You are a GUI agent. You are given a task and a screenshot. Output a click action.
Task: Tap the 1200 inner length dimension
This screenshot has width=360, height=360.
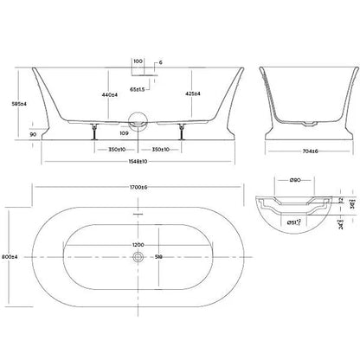point(138,245)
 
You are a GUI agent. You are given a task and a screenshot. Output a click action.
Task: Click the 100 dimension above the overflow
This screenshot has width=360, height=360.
point(138,61)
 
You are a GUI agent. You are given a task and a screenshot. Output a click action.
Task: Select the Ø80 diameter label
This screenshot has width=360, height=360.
point(293,180)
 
